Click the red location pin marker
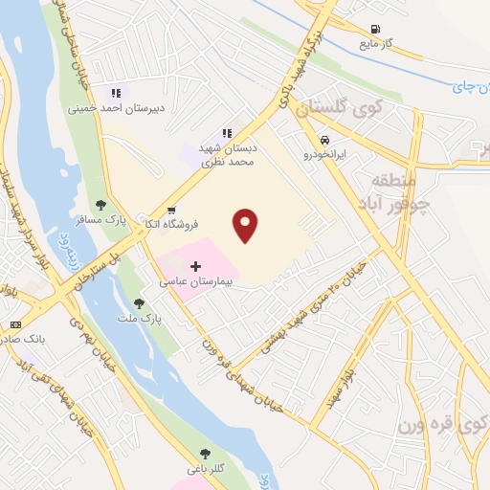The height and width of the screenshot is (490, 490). (x=246, y=225)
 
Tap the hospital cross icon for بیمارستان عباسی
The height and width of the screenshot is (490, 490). (x=196, y=265)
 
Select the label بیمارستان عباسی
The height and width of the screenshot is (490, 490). (x=196, y=283)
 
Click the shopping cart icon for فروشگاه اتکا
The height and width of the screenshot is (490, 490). (x=171, y=210)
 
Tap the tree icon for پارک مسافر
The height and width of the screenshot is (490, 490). (x=100, y=203)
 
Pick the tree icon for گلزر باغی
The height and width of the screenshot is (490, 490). (x=204, y=454)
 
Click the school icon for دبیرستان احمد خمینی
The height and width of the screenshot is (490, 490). (x=116, y=93)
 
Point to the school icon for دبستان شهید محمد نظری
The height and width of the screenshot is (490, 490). (x=227, y=133)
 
